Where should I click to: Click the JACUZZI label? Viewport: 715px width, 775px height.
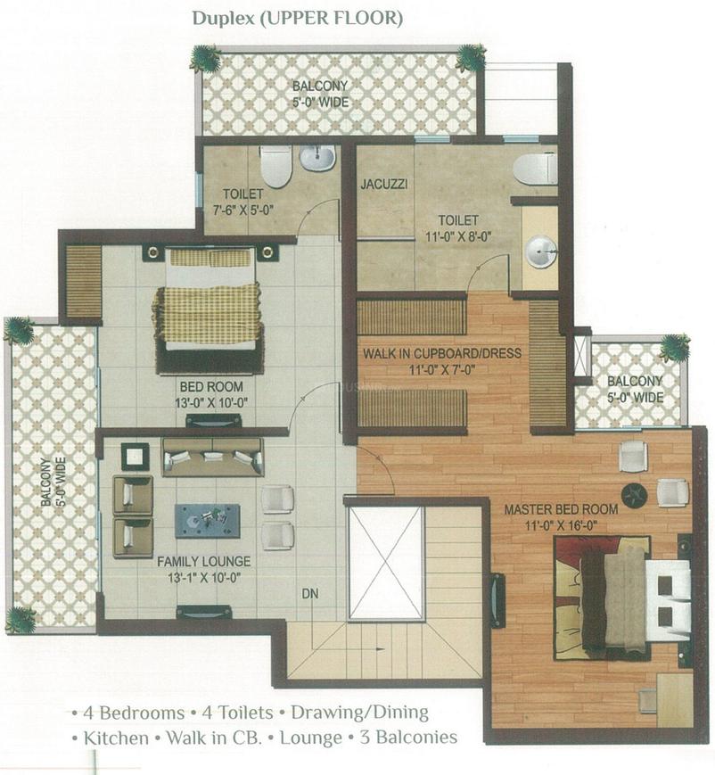click(x=384, y=186)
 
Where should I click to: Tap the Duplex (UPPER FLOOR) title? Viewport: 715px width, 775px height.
click(x=297, y=17)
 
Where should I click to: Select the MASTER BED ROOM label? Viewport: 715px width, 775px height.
click(x=561, y=510)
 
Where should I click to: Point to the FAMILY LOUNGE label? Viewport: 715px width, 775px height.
click(x=204, y=562)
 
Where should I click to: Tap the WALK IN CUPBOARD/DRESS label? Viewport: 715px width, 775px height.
click(x=442, y=353)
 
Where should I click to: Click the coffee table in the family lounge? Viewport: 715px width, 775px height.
click(x=208, y=520)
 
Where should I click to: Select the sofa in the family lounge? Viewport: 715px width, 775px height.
click(x=212, y=458)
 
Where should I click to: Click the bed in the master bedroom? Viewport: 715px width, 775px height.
click(x=615, y=594)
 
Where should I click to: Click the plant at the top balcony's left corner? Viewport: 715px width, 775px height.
click(x=206, y=60)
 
